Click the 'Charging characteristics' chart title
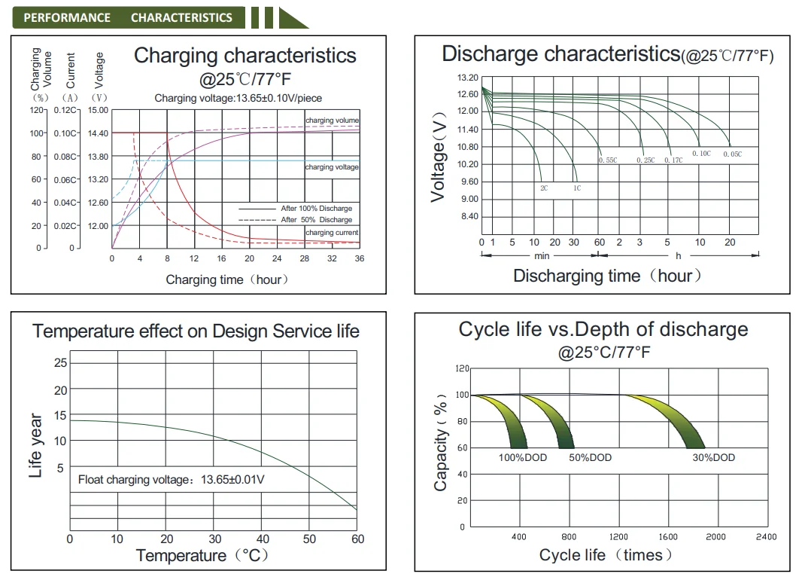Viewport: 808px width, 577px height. point(245,56)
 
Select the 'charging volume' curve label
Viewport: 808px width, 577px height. point(332,121)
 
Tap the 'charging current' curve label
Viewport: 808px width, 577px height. point(332,233)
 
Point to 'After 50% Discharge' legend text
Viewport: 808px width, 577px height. point(316,220)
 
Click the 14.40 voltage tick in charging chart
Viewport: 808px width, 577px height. point(99,133)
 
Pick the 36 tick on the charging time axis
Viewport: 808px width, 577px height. point(360,258)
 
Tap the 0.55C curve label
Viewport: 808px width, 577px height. point(608,160)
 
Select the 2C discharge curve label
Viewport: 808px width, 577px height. point(543,188)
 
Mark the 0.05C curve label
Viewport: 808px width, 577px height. point(732,154)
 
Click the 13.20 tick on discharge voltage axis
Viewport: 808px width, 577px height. point(467,78)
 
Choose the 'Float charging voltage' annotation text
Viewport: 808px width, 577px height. point(172,479)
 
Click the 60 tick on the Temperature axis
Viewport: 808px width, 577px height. point(357,539)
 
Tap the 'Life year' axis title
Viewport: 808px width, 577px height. point(36,445)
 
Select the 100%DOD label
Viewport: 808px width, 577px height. point(523,458)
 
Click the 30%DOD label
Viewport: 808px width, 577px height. point(713,458)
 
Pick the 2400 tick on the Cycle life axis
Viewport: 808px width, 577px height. point(766,537)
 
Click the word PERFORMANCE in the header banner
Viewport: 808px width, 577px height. point(67,17)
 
